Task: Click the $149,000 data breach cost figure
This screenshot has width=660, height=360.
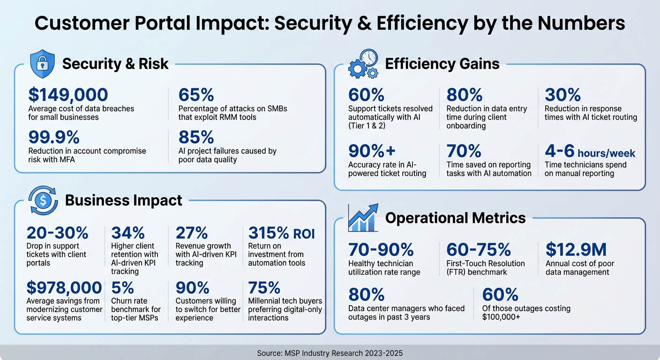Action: [x=68, y=95]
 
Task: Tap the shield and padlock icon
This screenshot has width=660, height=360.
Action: [x=42, y=65]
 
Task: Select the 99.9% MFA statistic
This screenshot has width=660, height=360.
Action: [x=54, y=137]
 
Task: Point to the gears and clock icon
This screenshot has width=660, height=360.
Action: [x=363, y=64]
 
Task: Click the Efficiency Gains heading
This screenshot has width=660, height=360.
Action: [x=442, y=64]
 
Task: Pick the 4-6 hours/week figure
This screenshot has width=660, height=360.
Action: [x=590, y=151]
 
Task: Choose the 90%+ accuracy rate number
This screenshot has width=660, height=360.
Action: [x=372, y=151]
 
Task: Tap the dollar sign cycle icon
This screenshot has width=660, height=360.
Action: [x=43, y=201]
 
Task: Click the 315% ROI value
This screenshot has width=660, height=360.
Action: [x=281, y=232]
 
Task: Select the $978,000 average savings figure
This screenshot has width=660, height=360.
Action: [x=64, y=287]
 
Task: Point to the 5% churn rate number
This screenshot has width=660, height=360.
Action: [x=123, y=287]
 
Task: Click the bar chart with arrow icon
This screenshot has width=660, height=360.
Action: [x=363, y=217]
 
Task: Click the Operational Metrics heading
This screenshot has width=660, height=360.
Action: [x=455, y=218]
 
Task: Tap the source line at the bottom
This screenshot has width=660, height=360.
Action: [x=330, y=353]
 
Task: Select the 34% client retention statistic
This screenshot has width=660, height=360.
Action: [x=128, y=232]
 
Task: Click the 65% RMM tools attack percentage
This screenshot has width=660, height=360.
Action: [x=196, y=95]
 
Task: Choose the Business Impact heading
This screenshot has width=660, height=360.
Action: [x=123, y=201]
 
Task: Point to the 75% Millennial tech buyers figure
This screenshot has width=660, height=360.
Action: [x=264, y=287]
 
